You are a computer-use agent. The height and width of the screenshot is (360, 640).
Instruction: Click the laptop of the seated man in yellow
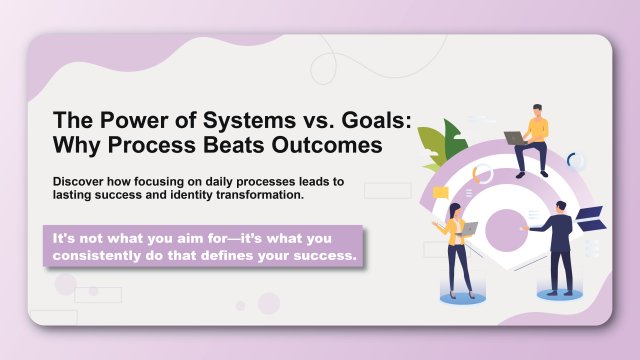pos(514,138)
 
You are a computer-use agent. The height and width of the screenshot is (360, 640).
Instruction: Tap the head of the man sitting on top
pos(537,109)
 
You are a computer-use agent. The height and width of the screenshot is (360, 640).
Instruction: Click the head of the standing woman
pos(455,210)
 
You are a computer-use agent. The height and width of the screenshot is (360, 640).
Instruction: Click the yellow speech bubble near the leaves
pos(440,192)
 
